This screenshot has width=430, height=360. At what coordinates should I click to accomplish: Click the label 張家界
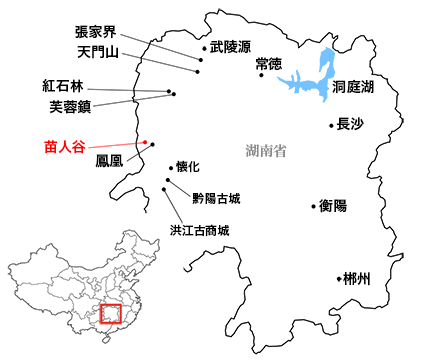pyautogui.click(x=97, y=32)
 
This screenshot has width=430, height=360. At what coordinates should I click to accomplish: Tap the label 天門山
pyautogui.click(x=97, y=50)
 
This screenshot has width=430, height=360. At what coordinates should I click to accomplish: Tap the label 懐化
pyautogui.click(x=188, y=166)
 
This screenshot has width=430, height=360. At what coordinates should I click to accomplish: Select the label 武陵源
pyautogui.click(x=230, y=46)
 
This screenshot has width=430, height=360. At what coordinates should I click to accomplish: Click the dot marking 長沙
pyautogui.click(x=331, y=126)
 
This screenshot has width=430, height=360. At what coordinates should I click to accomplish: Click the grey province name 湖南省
pyautogui.click(x=266, y=151)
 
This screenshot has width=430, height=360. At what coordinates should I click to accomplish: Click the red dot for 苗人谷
pyautogui.click(x=148, y=142)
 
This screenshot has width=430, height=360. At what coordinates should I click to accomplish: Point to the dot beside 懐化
pyautogui.click(x=169, y=167)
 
